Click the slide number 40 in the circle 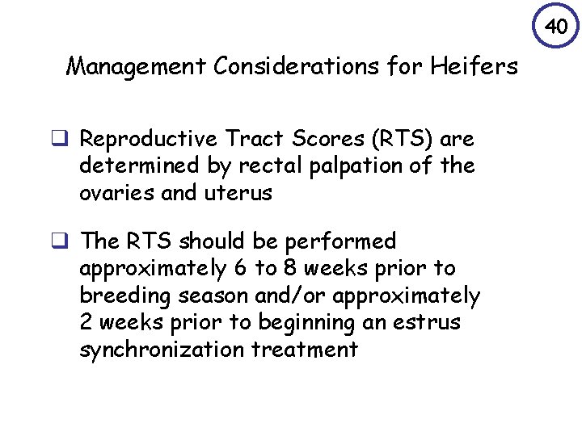tap(555, 27)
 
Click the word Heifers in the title tap(479, 66)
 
